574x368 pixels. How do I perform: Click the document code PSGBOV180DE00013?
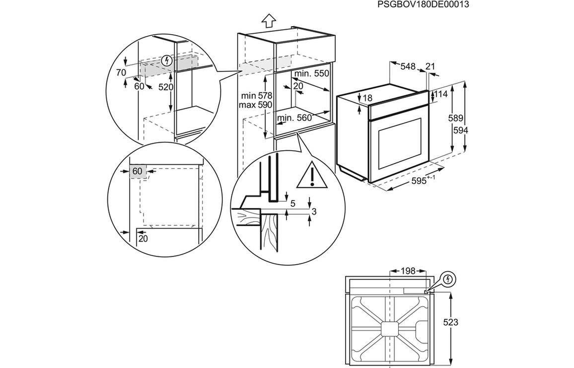(423, 4)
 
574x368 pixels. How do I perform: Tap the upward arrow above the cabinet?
(269, 21)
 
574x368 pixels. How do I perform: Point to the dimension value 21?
(430, 66)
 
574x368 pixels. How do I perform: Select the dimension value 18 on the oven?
(367, 98)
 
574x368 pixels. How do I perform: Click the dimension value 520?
(165, 87)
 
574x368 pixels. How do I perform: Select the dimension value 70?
(121, 73)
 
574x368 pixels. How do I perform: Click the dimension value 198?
(408, 271)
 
